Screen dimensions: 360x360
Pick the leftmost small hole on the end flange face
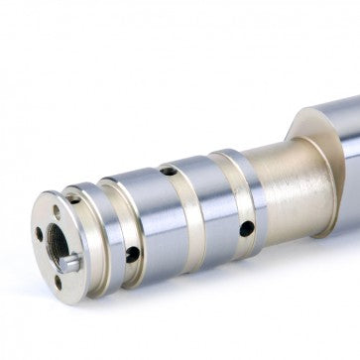click(x=39, y=234)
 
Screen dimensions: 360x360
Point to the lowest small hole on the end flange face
click(x=58, y=279)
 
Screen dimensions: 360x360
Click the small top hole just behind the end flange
click(x=73, y=199)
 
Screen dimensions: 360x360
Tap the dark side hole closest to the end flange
click(x=132, y=254)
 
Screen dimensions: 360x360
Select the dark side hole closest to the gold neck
click(x=246, y=228)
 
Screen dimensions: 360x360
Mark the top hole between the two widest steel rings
click(x=170, y=171)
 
